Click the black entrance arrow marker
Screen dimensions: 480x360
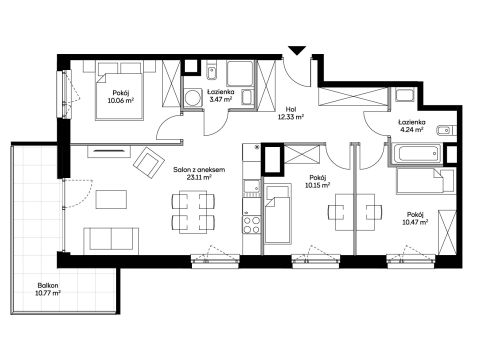click(x=297, y=51)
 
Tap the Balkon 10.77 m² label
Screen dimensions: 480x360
click(x=49, y=289)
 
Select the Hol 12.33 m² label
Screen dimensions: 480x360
click(x=291, y=113)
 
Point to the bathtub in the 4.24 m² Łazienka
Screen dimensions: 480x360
click(x=416, y=154)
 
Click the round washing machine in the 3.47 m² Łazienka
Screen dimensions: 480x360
click(x=192, y=97)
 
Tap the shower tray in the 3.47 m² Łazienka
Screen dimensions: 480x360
click(x=240, y=74)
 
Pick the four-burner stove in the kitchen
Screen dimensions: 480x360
click(x=252, y=224)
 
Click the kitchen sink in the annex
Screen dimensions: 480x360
click(x=252, y=187)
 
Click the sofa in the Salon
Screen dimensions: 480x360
click(x=111, y=239)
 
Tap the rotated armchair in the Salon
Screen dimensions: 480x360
click(x=148, y=162)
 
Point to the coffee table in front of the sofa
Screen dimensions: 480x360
click(x=111, y=199)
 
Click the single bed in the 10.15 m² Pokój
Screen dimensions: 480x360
click(x=278, y=214)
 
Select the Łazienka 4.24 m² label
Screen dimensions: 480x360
click(x=412, y=126)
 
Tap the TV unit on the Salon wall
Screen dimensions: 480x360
click(x=109, y=152)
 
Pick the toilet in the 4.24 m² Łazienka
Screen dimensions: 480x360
click(x=444, y=130)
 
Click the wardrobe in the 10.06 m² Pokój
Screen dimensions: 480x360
click(x=171, y=84)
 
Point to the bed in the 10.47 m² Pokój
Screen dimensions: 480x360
click(x=425, y=181)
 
